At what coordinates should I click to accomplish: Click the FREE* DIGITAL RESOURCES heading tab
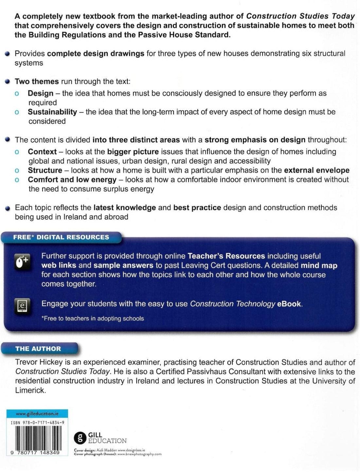tap(61, 237)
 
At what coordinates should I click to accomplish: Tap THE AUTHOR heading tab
tap(38, 349)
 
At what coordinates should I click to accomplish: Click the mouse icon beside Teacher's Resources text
tap(23, 262)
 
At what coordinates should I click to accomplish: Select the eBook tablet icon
tap(23, 306)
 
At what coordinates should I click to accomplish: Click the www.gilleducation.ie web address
tap(37, 414)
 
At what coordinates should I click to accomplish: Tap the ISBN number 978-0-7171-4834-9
tap(37, 423)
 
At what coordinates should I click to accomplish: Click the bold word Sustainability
tap(52, 112)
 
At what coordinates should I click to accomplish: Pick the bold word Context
tap(42, 152)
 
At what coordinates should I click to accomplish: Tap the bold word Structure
tap(45, 170)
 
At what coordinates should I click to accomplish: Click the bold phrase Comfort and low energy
tap(72, 180)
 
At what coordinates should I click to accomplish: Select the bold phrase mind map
tap(319, 265)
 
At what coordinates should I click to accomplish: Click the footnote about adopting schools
tap(93, 318)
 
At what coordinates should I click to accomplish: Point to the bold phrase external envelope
tap(317, 170)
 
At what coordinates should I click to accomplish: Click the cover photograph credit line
tap(118, 454)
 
